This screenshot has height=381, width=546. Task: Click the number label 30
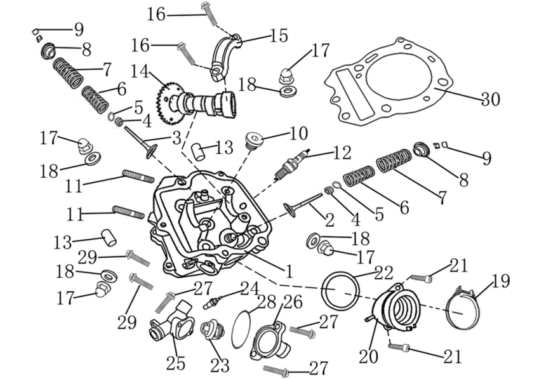pos(489,99)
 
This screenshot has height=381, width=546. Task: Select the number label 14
pos(139,70)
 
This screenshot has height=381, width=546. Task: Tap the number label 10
pos(298,134)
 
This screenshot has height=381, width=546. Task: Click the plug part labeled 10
pos(253,141)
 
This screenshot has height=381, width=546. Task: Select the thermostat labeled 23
pos(209,331)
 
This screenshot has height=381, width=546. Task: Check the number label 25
pos(175,363)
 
